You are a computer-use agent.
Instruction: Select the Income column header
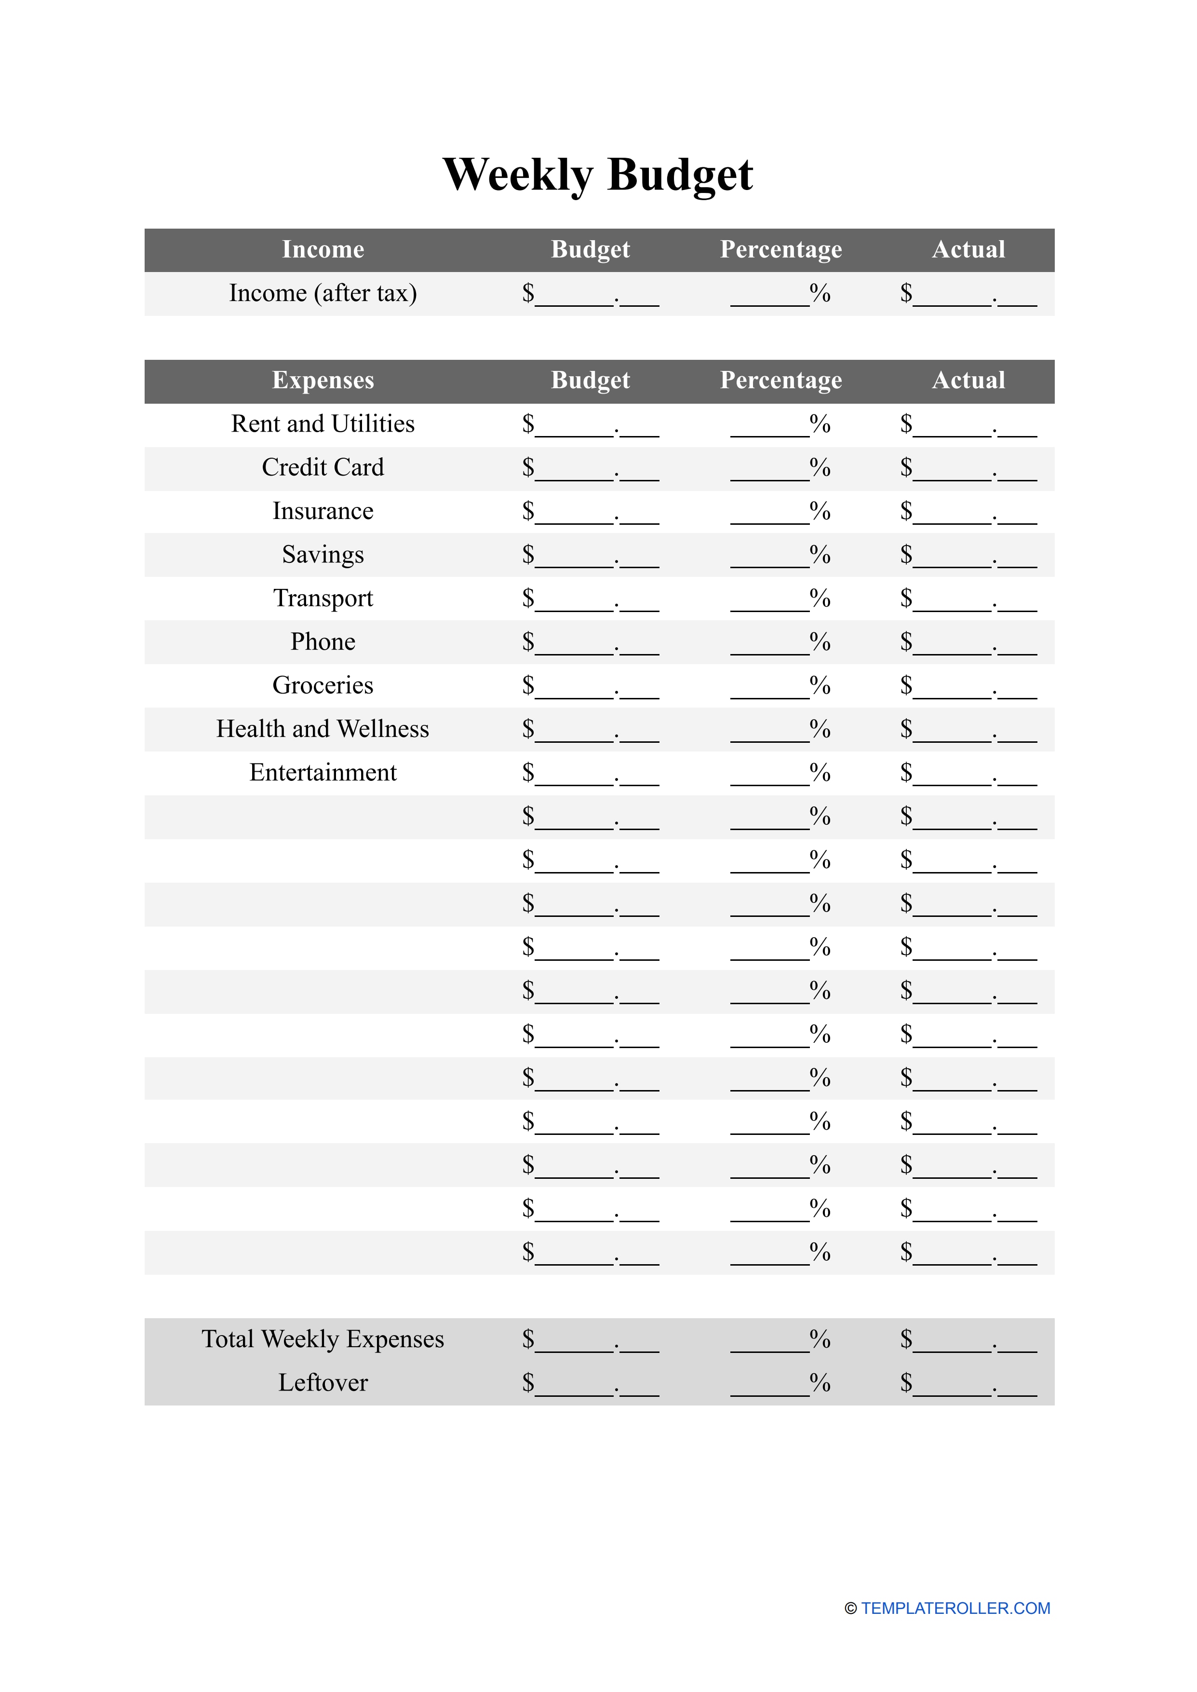coord(323,249)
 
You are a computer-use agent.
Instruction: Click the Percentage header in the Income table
coord(780,249)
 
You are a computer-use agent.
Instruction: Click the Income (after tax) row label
coord(323,293)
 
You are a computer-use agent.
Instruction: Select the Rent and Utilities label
coord(323,424)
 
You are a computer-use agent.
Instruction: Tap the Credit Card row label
coord(323,467)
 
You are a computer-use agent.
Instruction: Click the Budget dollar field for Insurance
coord(591,512)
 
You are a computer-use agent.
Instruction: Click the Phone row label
coord(323,641)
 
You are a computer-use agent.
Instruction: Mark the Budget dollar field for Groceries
coord(591,686)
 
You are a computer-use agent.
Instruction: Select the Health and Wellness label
coord(323,729)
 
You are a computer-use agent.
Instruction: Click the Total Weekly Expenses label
coord(323,1339)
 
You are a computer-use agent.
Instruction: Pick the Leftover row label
coord(323,1382)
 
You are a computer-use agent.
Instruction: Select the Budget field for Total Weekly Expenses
coord(591,1339)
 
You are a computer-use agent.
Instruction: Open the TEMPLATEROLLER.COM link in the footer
coord(955,1608)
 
